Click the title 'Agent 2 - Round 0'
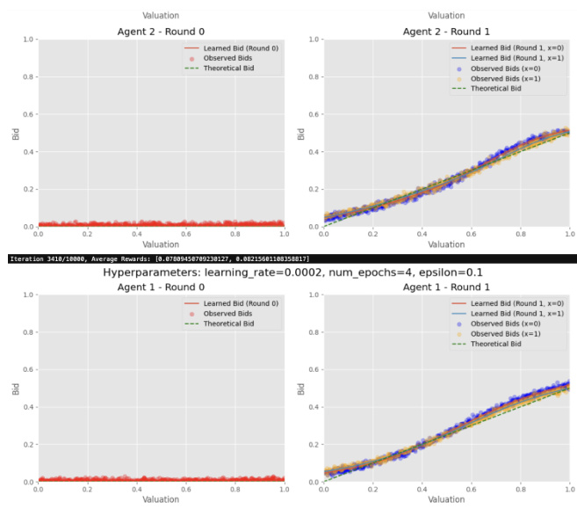coord(160,31)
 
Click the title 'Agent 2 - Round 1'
coord(446,31)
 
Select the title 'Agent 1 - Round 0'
coord(160,287)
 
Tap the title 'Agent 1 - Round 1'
coord(446,287)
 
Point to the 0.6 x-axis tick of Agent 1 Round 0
coord(185,490)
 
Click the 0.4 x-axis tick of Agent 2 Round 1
coord(422,234)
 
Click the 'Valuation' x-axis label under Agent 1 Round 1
coord(446,500)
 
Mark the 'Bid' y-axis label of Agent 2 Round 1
coord(300,134)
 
